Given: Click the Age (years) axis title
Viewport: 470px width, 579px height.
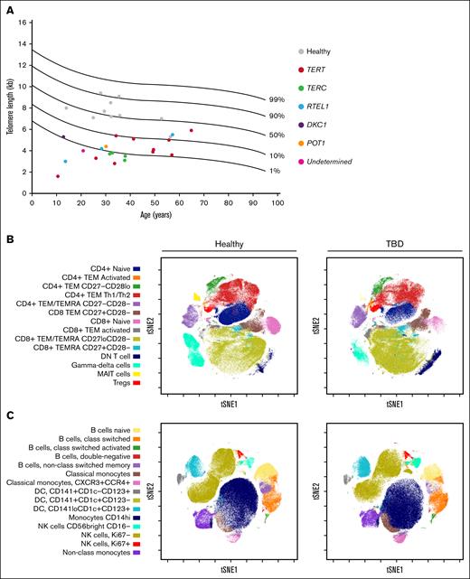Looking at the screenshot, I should (152, 218).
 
